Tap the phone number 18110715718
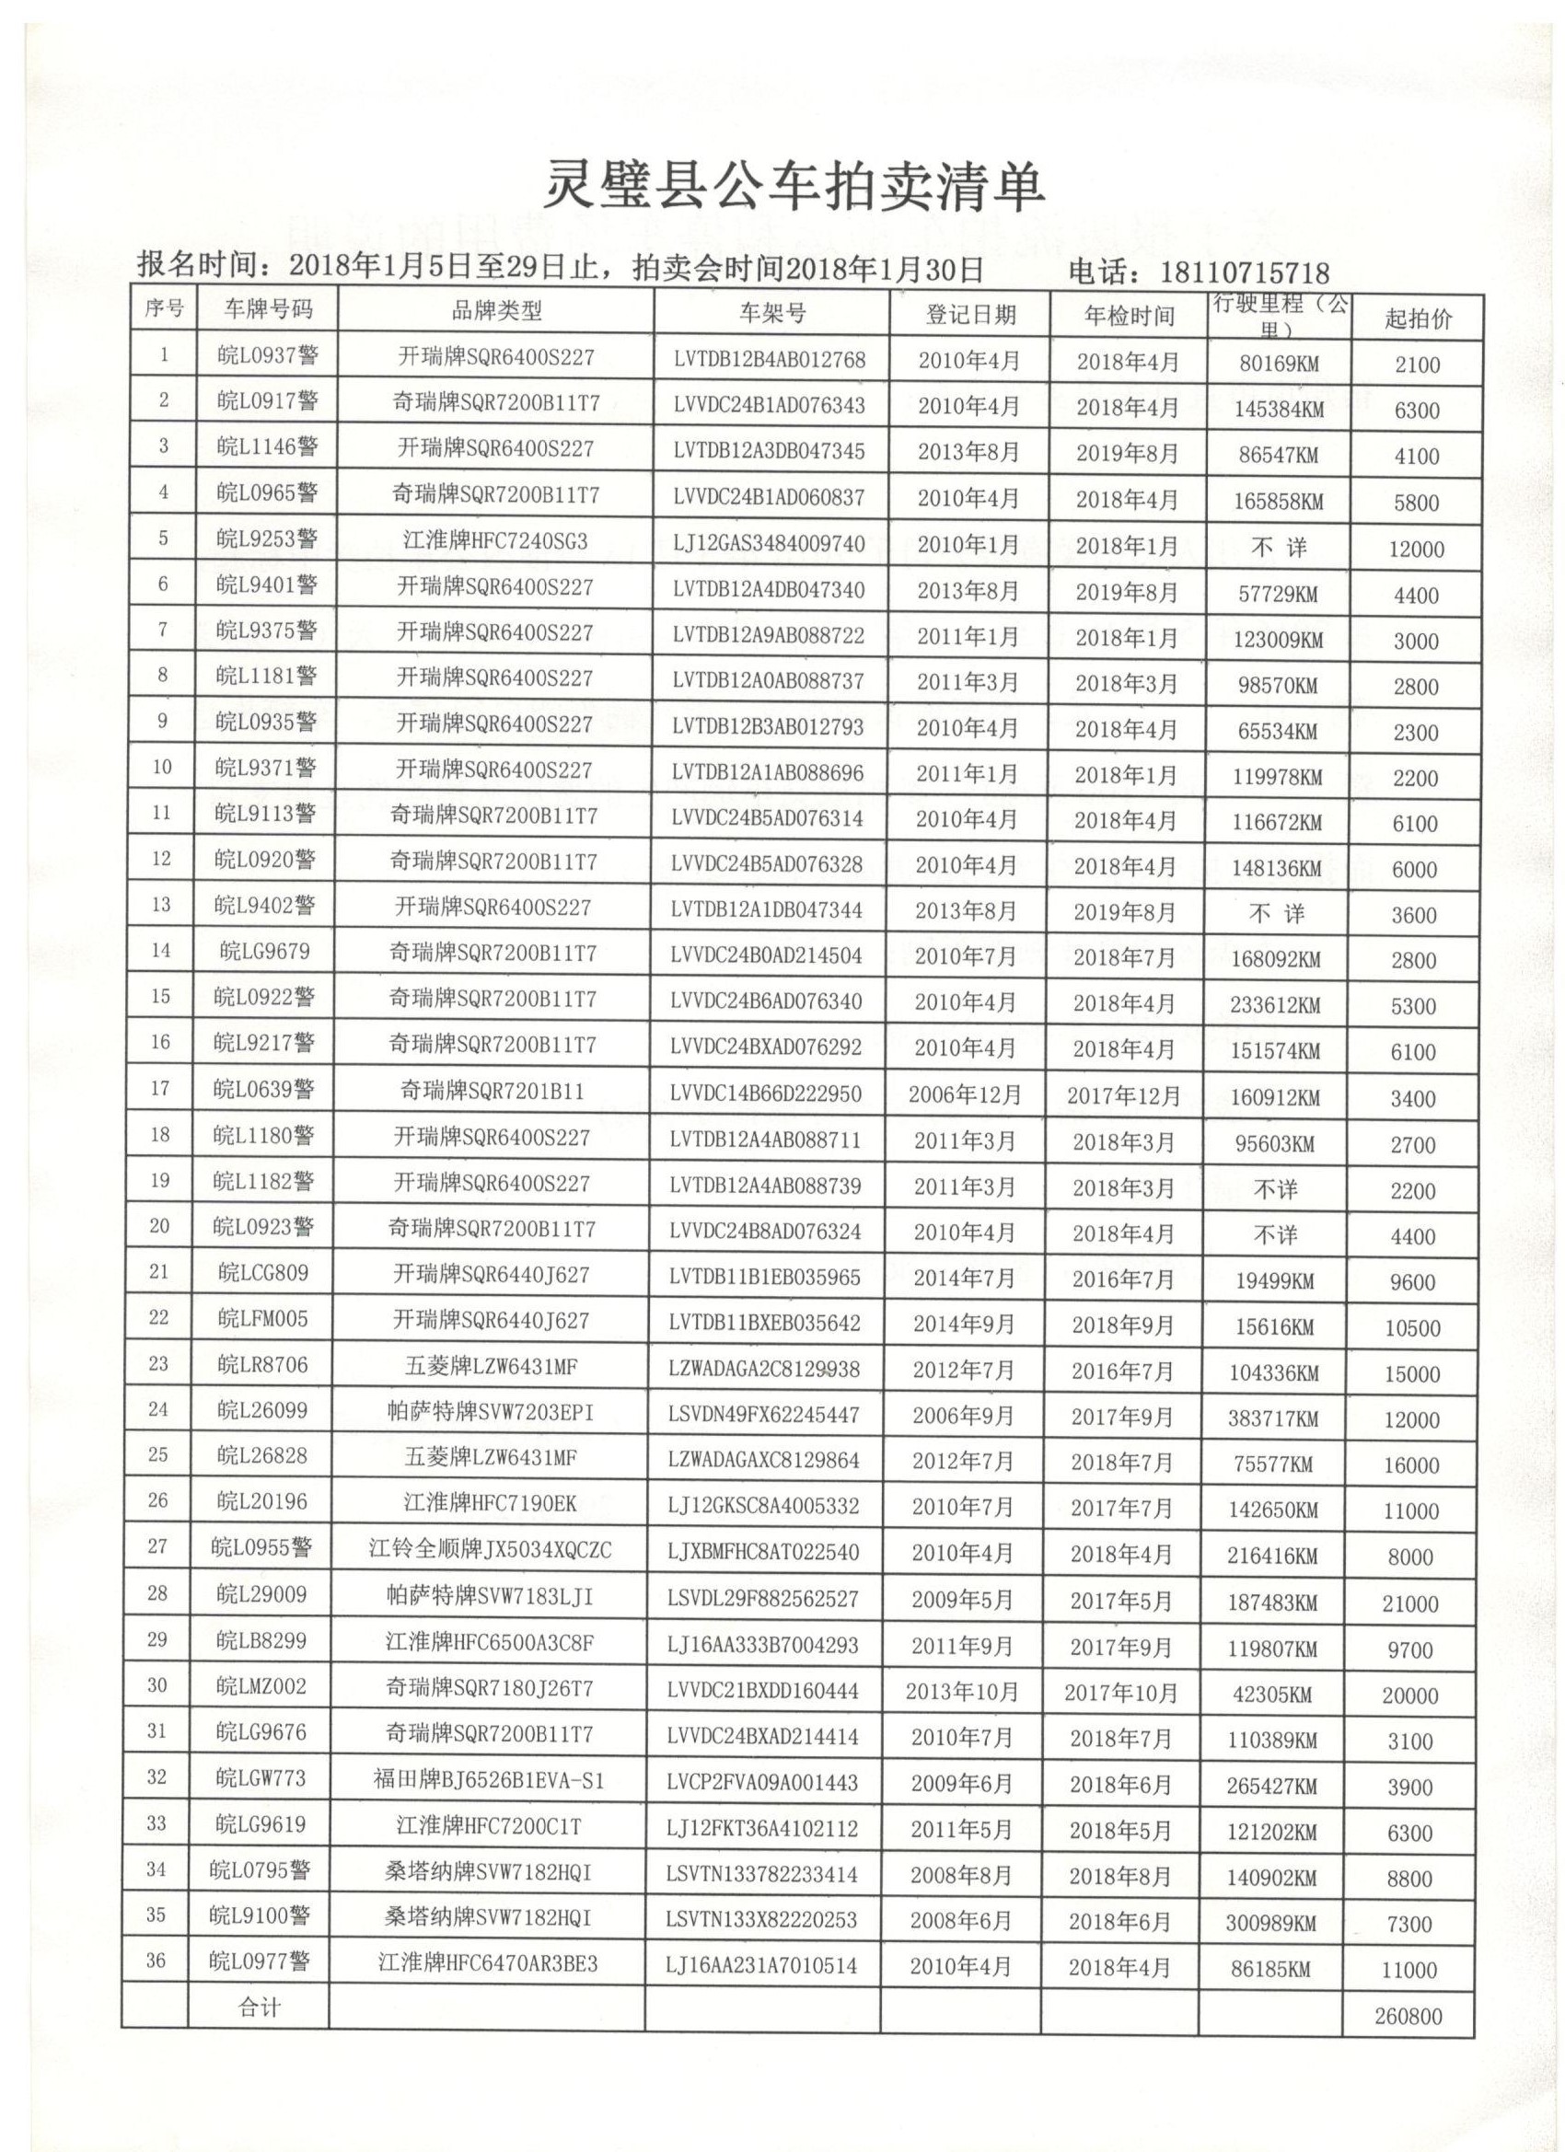click(1245, 273)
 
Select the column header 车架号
click(771, 313)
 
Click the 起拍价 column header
click(1417, 318)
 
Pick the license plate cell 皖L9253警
click(267, 539)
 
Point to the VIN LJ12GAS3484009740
click(769, 544)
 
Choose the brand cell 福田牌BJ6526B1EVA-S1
click(489, 1780)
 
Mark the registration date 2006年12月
click(964, 1094)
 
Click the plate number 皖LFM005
click(263, 1318)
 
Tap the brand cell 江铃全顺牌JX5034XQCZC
click(491, 1550)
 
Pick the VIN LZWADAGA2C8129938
click(764, 1370)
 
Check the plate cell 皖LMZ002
click(261, 1686)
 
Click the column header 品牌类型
click(496, 310)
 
